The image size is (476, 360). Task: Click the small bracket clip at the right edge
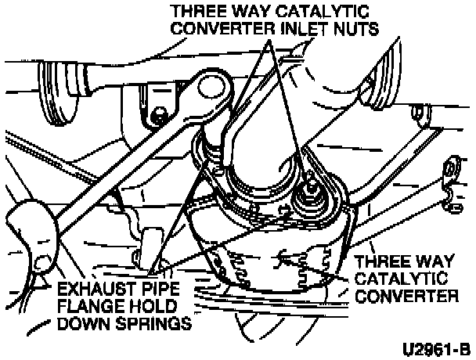point(452,179)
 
